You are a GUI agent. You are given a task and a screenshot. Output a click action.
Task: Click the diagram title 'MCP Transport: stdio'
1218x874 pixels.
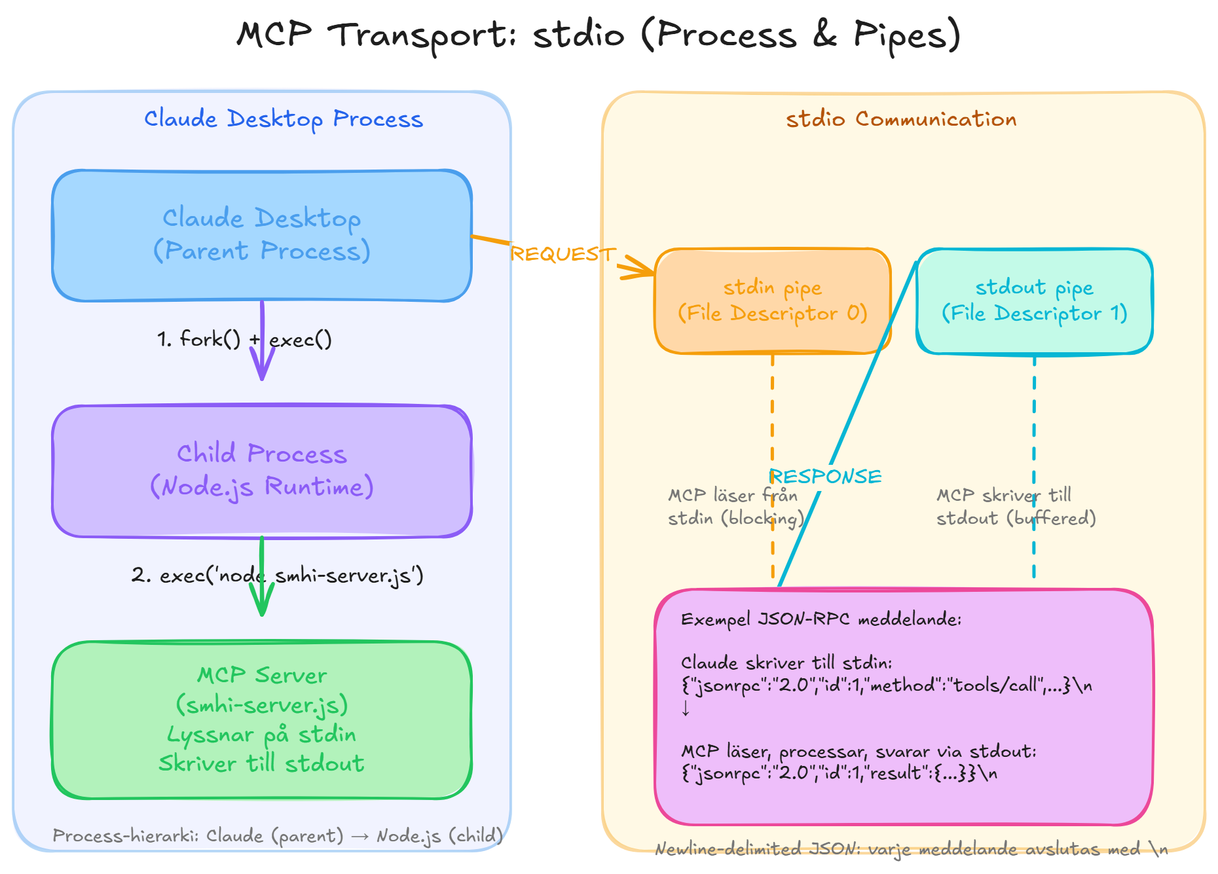(x=598, y=35)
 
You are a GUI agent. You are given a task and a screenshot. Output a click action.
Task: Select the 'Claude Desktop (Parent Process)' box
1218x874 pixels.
(x=262, y=235)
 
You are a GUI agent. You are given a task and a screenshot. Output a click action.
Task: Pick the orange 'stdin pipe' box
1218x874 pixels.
(x=773, y=301)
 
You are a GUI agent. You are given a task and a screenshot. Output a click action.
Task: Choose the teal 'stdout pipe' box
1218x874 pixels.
(x=1035, y=301)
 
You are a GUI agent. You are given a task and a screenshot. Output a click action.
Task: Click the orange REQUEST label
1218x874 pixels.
(x=562, y=254)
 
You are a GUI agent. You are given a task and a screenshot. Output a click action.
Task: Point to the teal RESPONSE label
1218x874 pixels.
(x=825, y=477)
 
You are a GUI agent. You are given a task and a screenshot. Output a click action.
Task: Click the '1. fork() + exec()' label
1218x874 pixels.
(x=244, y=339)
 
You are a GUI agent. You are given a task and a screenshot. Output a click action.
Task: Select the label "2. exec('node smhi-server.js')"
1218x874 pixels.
(x=278, y=575)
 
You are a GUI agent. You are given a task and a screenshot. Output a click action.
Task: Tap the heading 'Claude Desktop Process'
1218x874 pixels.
(x=284, y=119)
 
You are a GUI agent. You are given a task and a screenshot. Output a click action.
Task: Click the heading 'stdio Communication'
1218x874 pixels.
(x=901, y=119)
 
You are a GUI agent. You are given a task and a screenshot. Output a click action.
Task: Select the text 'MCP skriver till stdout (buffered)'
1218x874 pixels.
(x=1015, y=507)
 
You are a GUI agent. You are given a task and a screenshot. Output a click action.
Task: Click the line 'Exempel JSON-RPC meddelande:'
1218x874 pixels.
(x=821, y=619)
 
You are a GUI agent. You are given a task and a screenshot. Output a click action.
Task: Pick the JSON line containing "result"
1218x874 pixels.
(x=838, y=773)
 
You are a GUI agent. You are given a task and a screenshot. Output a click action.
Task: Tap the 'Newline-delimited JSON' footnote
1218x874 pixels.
(x=910, y=849)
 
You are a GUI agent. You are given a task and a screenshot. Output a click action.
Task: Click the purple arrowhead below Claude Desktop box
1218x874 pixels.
(x=262, y=371)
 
